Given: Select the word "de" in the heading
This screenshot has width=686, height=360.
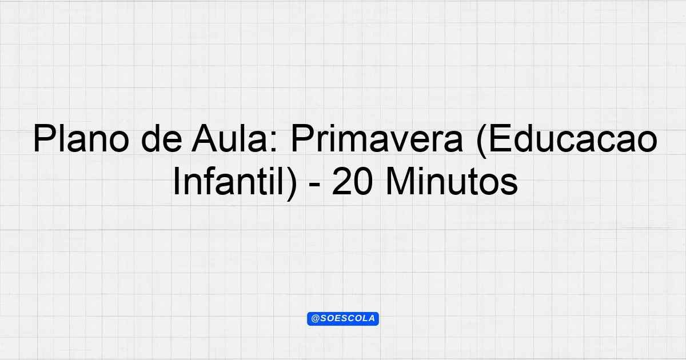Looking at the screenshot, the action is pos(161,138).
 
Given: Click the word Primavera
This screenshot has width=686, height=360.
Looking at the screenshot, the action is pos(377,138).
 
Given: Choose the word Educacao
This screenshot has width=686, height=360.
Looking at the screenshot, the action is pos(573,138).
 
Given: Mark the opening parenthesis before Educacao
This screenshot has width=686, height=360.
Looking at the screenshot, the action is pos(482,141).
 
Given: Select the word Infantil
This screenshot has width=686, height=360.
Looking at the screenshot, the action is pos(229,181).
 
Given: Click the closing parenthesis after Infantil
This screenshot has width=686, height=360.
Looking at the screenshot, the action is pos(292,183).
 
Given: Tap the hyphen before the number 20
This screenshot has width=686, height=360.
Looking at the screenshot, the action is pos(315,186).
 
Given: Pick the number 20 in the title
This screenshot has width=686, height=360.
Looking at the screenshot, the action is pos(353,182).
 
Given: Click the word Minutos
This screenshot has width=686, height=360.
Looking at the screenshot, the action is pos(452,181).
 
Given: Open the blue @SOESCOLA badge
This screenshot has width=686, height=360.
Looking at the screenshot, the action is pos(343,319).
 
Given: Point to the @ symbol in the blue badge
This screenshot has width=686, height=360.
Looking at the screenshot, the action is pos(315,319).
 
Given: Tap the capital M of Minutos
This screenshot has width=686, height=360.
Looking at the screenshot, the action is pos(400,182).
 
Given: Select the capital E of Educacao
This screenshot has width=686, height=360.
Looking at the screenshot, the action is pos(500,138).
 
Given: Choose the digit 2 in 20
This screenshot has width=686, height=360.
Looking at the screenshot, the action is pos(342,182).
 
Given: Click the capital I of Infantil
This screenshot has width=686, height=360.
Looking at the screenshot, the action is pos(176,182).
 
